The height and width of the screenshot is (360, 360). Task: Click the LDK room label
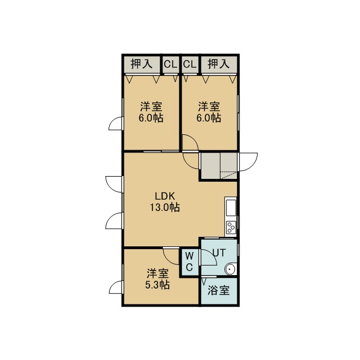pos(165,196)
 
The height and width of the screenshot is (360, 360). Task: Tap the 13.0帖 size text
pos(165,208)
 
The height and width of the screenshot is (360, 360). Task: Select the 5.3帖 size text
pos(157,285)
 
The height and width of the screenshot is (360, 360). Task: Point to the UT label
pos(219,253)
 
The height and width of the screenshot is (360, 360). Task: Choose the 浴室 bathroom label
pos(218,290)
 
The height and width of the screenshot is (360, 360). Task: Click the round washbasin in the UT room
pos(230,269)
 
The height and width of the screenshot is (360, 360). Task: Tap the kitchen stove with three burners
pos(231,227)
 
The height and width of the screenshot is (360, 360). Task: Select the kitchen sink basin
pos(231,208)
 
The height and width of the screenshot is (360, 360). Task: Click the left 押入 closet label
pos(142,64)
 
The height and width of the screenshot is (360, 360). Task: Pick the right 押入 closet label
pos(219,64)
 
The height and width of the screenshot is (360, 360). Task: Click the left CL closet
pos(170,65)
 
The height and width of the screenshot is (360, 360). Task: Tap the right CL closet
pos(190,65)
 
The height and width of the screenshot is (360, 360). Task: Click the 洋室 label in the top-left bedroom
pos(151,106)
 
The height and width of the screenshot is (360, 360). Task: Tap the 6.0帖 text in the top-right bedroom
pos(209,118)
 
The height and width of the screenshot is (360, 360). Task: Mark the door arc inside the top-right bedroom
pos(193,139)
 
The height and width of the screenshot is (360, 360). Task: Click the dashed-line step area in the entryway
pos(228,175)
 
